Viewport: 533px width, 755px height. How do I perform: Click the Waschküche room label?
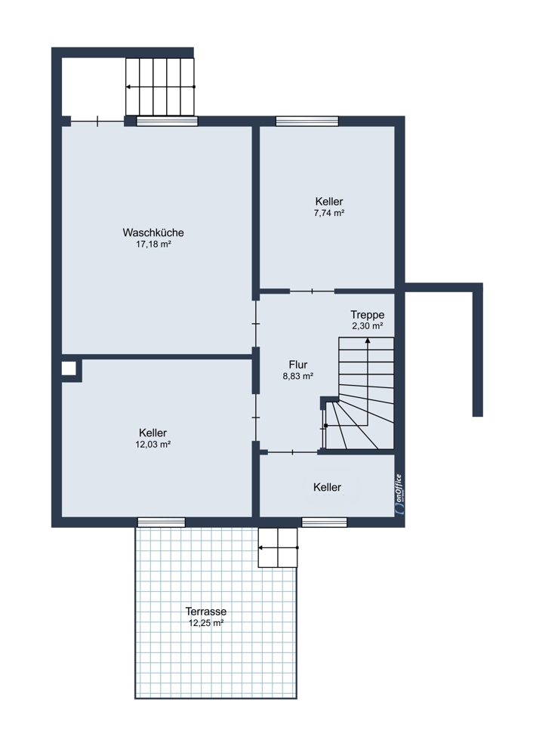(153, 233)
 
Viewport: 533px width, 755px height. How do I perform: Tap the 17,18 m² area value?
(153, 244)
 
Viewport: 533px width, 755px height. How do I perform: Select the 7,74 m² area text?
(329, 213)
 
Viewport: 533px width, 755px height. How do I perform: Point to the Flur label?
(298, 365)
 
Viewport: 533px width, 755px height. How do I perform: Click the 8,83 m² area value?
(298, 376)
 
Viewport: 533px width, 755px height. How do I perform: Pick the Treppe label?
(368, 315)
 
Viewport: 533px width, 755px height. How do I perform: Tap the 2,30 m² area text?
(368, 325)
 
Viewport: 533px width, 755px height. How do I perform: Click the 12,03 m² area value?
(153, 445)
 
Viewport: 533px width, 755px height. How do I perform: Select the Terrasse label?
(206, 612)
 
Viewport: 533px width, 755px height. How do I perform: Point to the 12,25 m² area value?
(206, 623)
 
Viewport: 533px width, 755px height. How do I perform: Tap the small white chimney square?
(69, 369)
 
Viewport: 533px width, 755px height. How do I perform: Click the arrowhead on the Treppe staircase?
(368, 340)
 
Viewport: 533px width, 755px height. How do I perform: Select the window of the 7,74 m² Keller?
(307, 122)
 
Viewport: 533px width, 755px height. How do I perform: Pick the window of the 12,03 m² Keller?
(162, 522)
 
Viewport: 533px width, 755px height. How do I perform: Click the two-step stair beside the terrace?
(278, 547)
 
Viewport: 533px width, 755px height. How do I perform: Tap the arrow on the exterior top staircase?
(161, 87)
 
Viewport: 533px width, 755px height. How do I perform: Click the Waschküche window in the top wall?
(167, 122)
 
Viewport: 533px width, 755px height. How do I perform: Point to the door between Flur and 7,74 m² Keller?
(312, 291)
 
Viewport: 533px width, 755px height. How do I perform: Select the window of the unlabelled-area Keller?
(325, 522)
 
